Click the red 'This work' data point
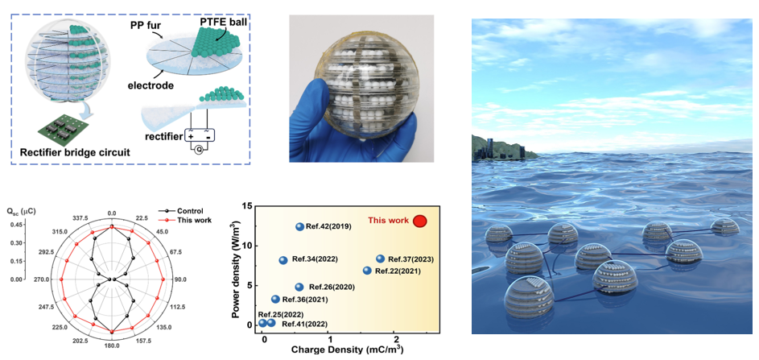click(x=420, y=221)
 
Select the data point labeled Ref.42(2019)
click(x=300, y=227)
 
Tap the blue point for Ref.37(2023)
click(x=381, y=259)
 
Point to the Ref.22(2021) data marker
click(x=367, y=271)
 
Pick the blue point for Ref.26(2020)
click(x=299, y=287)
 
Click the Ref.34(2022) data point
click(x=283, y=260)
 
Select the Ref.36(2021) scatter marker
click(x=275, y=299)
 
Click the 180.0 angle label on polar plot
click(x=112, y=346)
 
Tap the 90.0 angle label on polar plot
click(x=180, y=280)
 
